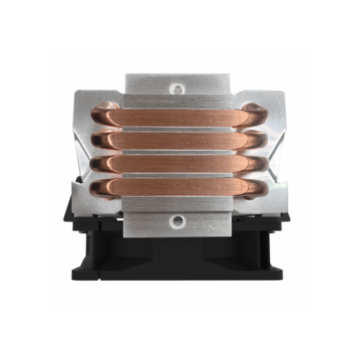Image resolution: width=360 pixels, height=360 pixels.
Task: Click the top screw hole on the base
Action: pyautogui.click(x=177, y=89)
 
